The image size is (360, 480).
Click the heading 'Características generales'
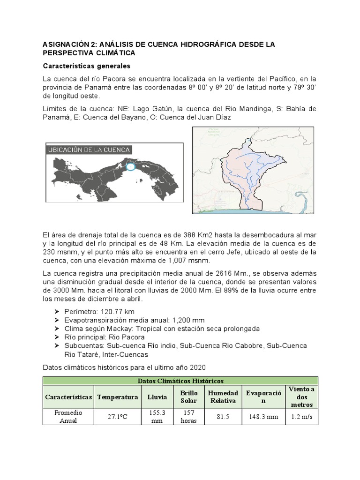click(x=87, y=66)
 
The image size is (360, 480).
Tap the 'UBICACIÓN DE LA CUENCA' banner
click(x=89, y=150)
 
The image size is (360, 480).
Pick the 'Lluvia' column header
click(x=157, y=397)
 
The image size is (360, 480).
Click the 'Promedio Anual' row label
click(x=68, y=417)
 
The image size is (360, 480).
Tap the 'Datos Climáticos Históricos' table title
click(x=180, y=381)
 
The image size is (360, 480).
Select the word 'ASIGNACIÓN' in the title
click(x=67, y=44)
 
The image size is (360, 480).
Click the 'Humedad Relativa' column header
click(x=223, y=397)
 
